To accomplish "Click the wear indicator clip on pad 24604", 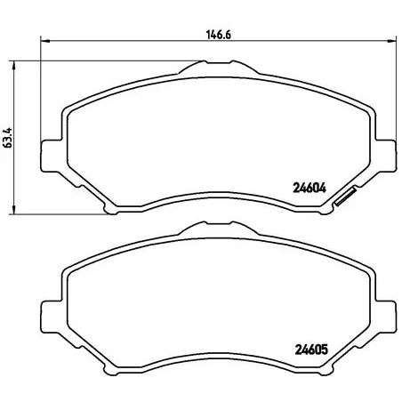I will point(343,200).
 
